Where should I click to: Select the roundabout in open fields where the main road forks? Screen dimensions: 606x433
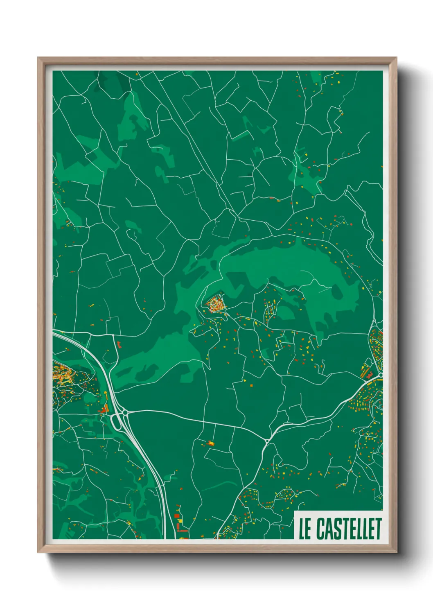[x=267, y=441]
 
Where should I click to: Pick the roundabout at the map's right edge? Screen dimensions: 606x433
[x=380, y=374]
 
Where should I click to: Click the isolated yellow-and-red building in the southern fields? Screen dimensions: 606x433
[x=211, y=443]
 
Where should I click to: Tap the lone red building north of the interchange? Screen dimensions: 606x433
[x=120, y=344]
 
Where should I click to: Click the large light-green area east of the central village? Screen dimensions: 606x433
[x=286, y=262]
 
